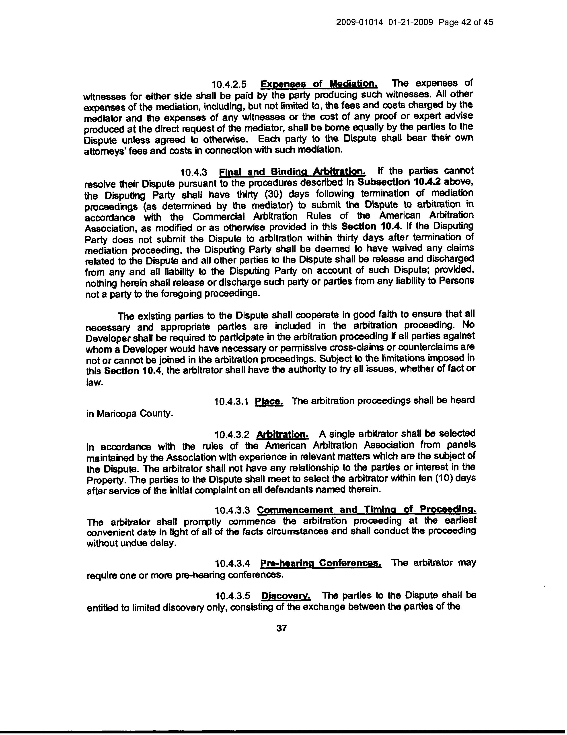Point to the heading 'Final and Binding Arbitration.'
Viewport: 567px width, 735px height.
pyautogui.click(x=292, y=172)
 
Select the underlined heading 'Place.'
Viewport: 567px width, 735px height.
pyautogui.click(x=269, y=401)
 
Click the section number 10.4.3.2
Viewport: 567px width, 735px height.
pyautogui.click(x=232, y=435)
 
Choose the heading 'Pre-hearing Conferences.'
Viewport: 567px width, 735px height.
pyautogui.click(x=320, y=563)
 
